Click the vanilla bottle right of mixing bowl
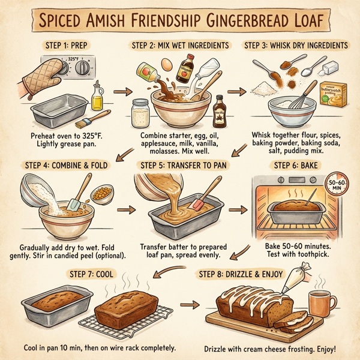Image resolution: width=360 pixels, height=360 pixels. (x=218, y=110)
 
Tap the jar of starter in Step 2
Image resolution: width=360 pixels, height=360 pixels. (x=142, y=110)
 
